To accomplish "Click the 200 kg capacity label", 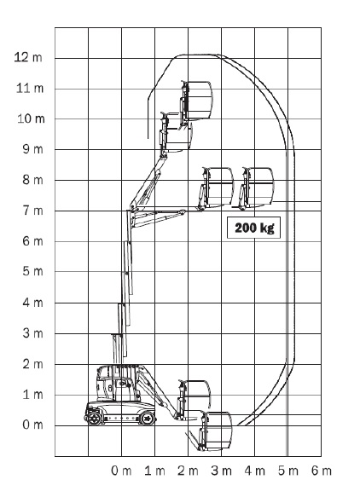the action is click(253, 228).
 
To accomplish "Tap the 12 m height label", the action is click(28, 57).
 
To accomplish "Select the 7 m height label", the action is click(32, 211).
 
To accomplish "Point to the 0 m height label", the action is click(32, 425).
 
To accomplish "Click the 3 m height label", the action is click(32, 333).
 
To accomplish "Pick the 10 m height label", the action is click(31, 118).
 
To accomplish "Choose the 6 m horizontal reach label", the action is click(322, 471).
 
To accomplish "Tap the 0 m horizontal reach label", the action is click(121, 471).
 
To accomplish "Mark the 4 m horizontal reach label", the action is click(255, 471).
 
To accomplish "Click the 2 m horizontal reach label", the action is click(188, 471).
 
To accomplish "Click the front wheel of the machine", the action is click(148, 419).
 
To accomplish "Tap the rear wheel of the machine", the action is click(94, 419).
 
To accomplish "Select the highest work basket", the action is click(197, 101).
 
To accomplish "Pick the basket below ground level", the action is click(216, 431).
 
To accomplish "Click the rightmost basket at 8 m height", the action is click(257, 188).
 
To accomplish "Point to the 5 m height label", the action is click(32, 272).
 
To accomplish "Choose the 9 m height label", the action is click(32, 149).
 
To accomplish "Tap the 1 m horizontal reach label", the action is click(154, 471).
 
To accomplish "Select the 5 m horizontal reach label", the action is click(288, 471).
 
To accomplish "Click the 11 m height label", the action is click(30, 89).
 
